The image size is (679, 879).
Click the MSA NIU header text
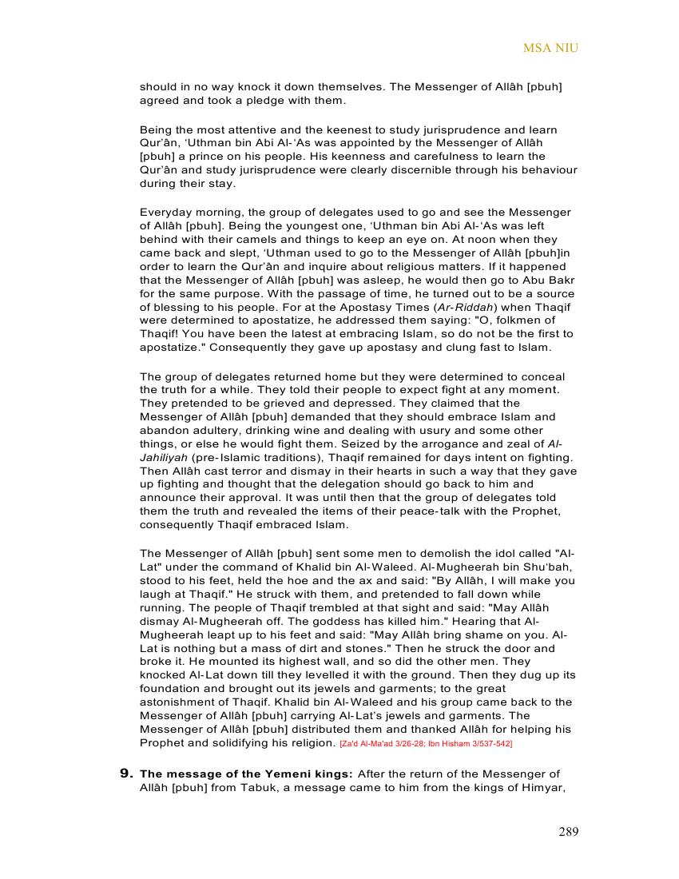point(550,48)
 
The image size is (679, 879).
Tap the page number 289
point(568,832)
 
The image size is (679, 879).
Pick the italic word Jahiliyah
point(164,458)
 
